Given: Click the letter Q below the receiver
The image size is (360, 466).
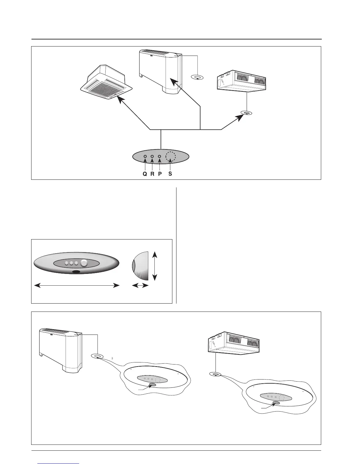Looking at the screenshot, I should pyautogui.click(x=145, y=174).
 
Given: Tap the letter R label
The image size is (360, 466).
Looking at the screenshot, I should pyautogui.click(x=152, y=174).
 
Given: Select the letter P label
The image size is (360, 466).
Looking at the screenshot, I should pyautogui.click(x=160, y=174).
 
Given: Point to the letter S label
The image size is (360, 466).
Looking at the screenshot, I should pyautogui.click(x=170, y=174).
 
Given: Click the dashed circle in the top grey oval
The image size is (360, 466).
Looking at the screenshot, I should pyautogui.click(x=170, y=157).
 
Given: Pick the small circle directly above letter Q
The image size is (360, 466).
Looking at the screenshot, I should pyautogui.click(x=145, y=157).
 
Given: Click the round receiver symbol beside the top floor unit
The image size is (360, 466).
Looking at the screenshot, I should pyautogui.click(x=197, y=77).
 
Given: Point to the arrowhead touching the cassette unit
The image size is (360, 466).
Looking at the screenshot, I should pyautogui.click(x=119, y=99).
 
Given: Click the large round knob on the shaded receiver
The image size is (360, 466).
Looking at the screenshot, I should pyautogui.click(x=84, y=263).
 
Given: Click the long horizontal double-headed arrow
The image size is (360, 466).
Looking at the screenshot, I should pyautogui.click(x=77, y=285).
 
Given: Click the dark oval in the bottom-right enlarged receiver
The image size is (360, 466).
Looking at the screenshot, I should pyautogui.click(x=276, y=403).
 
